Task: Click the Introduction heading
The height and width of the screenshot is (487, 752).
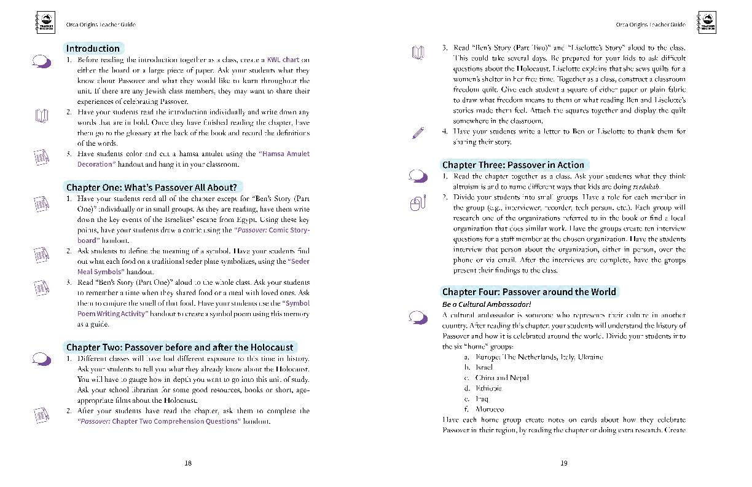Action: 93,49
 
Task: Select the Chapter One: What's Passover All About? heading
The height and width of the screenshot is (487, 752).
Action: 152,187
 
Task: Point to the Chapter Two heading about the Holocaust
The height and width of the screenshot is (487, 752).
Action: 180,347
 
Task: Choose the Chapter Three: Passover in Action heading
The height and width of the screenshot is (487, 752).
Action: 513,165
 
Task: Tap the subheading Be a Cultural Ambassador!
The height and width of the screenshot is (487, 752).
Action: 486,304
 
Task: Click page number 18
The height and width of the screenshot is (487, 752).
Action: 188,463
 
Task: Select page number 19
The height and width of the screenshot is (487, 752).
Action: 564,463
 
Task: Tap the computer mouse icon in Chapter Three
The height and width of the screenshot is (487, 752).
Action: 418,203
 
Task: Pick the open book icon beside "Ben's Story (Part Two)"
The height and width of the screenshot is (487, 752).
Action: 418,53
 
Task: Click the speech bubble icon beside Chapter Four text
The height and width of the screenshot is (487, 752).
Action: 418,317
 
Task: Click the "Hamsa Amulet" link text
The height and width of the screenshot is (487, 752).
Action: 284,154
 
